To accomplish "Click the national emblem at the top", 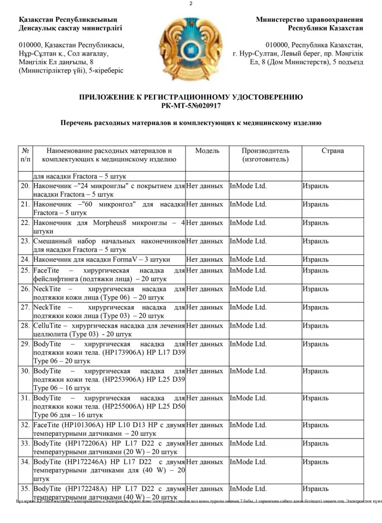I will pyautogui.click(x=190, y=45).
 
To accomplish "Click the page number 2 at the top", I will pyautogui.click(x=191, y=4).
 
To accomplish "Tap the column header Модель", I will pyautogui.click(x=207, y=150).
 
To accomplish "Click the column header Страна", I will pyautogui.click(x=332, y=150).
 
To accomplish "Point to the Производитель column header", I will pyautogui.click(x=266, y=155).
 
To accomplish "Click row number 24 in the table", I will pyautogui.click(x=25, y=259).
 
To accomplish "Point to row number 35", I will pyautogui.click(x=25, y=489).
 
